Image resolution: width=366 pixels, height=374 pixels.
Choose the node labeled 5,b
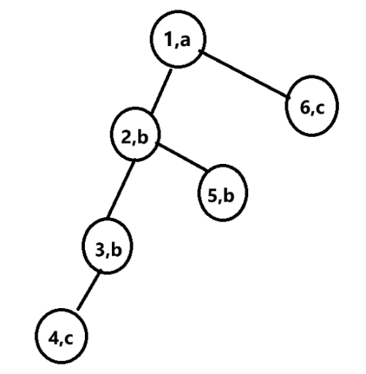222,196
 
